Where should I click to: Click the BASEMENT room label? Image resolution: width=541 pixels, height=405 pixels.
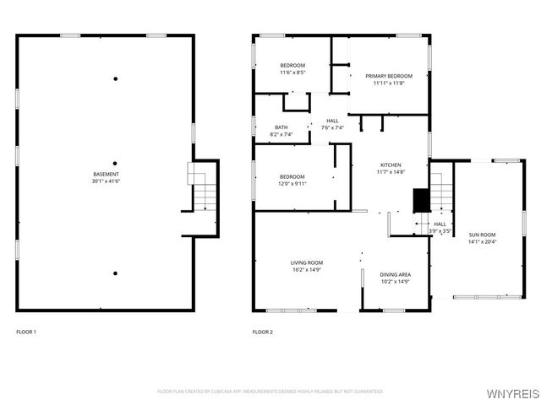click(x=106, y=174)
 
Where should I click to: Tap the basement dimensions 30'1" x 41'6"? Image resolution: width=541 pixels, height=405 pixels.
click(x=106, y=181)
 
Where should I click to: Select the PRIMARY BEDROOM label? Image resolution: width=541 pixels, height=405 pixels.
click(x=389, y=76)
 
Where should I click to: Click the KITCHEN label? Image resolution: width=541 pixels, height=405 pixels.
click(x=390, y=165)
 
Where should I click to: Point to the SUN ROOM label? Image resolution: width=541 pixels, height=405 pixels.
click(x=482, y=235)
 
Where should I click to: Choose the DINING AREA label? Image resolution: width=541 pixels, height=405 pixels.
click(x=395, y=274)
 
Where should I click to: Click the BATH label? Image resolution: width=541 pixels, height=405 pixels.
click(x=281, y=127)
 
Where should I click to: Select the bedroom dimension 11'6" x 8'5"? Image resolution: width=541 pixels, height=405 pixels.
click(x=292, y=73)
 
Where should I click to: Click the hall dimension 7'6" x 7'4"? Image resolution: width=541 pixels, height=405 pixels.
click(x=332, y=128)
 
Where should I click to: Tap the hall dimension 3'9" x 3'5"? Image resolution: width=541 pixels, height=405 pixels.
click(x=440, y=231)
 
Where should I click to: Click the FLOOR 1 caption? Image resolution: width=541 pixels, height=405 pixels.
click(x=26, y=332)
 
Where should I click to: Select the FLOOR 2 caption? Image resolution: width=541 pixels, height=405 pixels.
click(x=263, y=332)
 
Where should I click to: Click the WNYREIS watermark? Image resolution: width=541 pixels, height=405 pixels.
click(x=515, y=393)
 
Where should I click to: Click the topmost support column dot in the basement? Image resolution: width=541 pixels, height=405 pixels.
click(x=115, y=79)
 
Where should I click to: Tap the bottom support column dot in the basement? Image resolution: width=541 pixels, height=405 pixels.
click(x=115, y=273)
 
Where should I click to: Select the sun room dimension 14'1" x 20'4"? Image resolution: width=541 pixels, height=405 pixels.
click(x=482, y=241)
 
